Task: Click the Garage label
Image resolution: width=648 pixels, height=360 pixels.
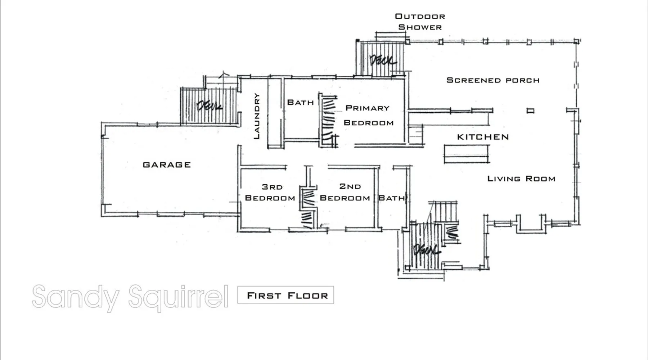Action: pyautogui.click(x=167, y=165)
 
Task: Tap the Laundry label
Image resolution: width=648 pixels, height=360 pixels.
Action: pyautogui.click(x=257, y=116)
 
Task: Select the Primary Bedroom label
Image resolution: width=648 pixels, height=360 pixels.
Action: pyautogui.click(x=368, y=115)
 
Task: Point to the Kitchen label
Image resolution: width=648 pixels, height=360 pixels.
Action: pyautogui.click(x=483, y=137)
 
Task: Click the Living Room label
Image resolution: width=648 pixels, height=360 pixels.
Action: pyautogui.click(x=521, y=179)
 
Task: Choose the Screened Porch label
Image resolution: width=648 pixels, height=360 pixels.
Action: pyautogui.click(x=493, y=80)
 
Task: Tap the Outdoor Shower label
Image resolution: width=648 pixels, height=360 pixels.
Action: pyautogui.click(x=420, y=22)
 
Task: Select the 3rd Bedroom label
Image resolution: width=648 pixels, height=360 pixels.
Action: pyautogui.click(x=270, y=193)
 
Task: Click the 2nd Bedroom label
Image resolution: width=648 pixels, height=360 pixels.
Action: pyautogui.click(x=345, y=192)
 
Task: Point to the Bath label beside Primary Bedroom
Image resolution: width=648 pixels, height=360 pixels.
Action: pyautogui.click(x=300, y=103)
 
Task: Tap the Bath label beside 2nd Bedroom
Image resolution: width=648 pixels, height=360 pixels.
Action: pyautogui.click(x=391, y=198)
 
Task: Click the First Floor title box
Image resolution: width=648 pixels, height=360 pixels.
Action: pyautogui.click(x=285, y=295)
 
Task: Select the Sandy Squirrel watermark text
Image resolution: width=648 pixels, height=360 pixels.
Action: pyautogui.click(x=130, y=297)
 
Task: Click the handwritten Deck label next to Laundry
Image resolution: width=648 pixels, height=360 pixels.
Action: pyautogui.click(x=209, y=106)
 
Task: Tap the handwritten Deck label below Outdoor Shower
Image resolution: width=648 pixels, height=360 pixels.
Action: pyautogui.click(x=382, y=60)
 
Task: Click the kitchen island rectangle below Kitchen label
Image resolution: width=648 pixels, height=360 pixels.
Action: pyautogui.click(x=467, y=154)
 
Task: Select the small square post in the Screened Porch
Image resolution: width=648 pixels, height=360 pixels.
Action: pyautogui.click(x=530, y=111)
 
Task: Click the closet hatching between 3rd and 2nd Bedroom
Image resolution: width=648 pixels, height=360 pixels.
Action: pyautogui.click(x=308, y=209)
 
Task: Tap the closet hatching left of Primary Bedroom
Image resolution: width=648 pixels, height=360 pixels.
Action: pyautogui.click(x=328, y=121)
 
